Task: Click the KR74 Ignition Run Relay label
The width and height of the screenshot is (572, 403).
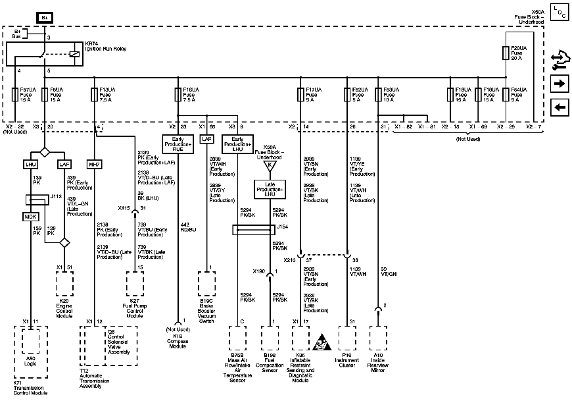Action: click(x=102, y=47)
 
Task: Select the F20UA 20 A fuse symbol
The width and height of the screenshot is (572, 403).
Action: click(x=505, y=51)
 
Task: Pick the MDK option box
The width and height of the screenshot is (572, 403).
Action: click(x=31, y=216)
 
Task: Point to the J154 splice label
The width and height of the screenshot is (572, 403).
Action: click(x=282, y=226)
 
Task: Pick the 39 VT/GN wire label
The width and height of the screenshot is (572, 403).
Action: click(x=388, y=271)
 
